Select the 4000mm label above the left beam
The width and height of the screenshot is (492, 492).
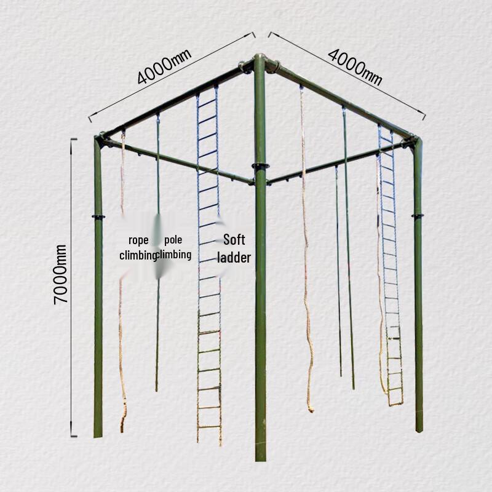[164, 66]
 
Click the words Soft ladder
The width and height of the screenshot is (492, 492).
[236, 248]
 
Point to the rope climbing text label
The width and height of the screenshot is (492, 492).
[138, 247]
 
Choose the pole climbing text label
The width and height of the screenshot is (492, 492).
[175, 247]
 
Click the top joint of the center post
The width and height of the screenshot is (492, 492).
[260, 61]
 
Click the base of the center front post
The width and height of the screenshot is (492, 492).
[261, 456]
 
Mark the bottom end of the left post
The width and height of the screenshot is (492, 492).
[98, 434]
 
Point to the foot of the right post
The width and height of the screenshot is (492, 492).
[419, 429]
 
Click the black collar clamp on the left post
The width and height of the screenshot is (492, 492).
[98, 216]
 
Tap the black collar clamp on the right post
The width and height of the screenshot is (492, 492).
[418, 215]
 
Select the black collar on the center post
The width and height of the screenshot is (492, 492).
[260, 166]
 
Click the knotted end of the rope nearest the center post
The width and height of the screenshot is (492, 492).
[310, 408]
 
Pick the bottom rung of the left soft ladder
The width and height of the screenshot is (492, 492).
[209, 426]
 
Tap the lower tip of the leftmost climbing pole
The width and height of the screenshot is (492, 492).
[157, 389]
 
